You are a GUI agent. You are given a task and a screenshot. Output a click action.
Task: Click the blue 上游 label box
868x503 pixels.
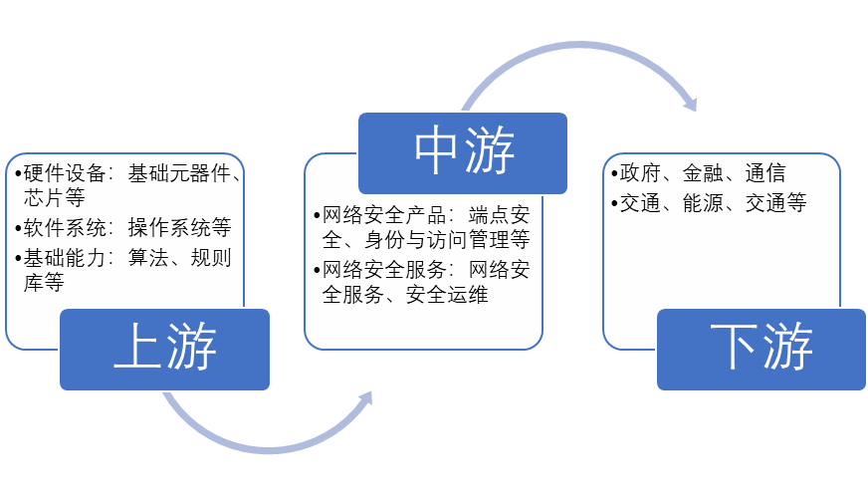coord(164,349)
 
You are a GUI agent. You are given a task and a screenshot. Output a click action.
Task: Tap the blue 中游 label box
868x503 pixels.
coord(463,152)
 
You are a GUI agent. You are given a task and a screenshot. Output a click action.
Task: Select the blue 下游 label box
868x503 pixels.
coord(760,349)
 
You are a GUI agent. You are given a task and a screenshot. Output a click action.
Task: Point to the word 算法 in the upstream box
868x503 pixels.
coord(148,258)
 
